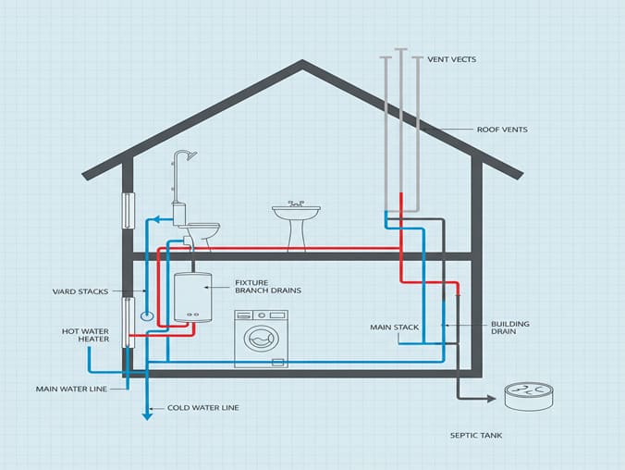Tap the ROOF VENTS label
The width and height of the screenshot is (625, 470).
[x=502, y=130]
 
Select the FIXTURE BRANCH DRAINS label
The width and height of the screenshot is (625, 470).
[x=267, y=286]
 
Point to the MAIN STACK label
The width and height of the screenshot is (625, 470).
[x=395, y=327]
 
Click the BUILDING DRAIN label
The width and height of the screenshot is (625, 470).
[x=509, y=328]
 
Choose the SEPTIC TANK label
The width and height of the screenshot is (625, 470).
[x=475, y=435]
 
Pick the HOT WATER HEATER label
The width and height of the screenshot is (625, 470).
[x=86, y=334]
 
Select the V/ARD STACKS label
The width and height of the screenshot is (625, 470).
[x=80, y=291]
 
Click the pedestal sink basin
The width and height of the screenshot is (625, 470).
[x=296, y=214]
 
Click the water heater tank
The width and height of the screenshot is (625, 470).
[x=192, y=296]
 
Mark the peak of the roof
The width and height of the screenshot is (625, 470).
[x=302, y=63]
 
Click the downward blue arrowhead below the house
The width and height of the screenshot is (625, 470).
[x=146, y=415]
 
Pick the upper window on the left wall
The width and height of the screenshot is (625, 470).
[x=129, y=214]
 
